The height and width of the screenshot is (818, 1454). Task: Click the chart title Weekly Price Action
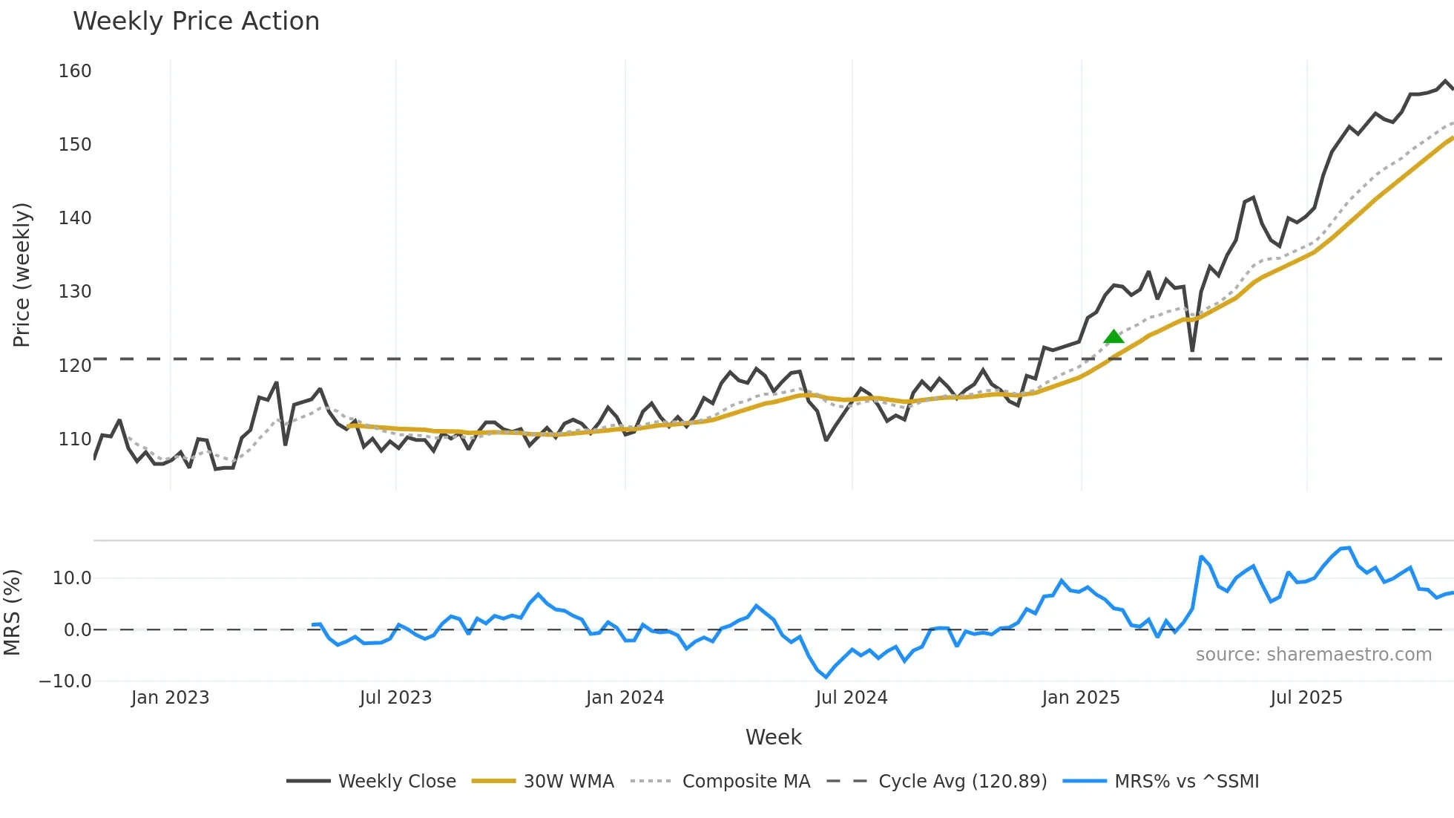click(x=196, y=22)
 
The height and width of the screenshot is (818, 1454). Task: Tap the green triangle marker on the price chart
click(x=1113, y=337)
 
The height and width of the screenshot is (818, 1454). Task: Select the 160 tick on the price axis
click(x=75, y=71)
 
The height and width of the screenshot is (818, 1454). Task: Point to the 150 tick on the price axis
click(x=75, y=145)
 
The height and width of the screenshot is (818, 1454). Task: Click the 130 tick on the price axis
click(x=75, y=292)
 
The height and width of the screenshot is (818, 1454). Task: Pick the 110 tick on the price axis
click(x=75, y=439)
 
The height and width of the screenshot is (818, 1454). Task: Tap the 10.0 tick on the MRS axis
click(x=72, y=578)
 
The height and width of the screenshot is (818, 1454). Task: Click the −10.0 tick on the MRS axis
click(x=65, y=681)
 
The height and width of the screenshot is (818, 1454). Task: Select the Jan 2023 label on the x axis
click(x=171, y=698)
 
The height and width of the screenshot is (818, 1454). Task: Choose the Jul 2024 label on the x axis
click(x=852, y=698)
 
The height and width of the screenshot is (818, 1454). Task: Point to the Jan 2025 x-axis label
click(x=1081, y=698)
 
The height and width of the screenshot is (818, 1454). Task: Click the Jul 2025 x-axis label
click(x=1306, y=698)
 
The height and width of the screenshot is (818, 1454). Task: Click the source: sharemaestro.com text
click(x=1313, y=655)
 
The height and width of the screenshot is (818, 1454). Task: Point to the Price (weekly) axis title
click(x=22, y=275)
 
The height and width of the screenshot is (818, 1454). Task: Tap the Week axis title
click(x=773, y=737)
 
